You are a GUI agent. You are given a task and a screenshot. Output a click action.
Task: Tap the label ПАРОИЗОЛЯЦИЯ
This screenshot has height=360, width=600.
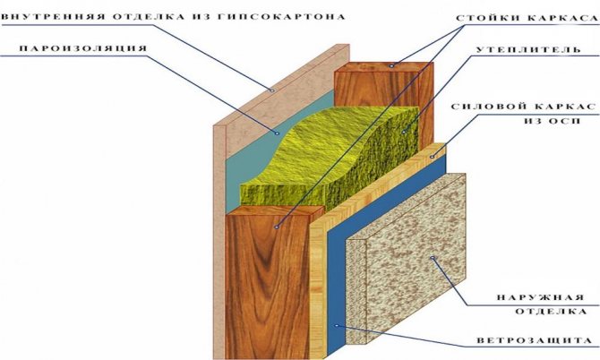[83, 48]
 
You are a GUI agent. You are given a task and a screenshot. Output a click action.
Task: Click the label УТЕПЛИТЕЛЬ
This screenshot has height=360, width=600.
[528, 50]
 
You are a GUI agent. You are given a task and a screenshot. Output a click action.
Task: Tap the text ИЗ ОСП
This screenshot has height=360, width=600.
[553, 121]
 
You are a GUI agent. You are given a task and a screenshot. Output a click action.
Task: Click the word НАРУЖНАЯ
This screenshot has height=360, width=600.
[541, 297]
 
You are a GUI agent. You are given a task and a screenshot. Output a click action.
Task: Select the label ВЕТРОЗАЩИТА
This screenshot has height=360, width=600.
[535, 340]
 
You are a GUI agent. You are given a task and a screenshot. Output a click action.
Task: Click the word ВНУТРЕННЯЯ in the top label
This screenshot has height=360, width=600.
[53, 17]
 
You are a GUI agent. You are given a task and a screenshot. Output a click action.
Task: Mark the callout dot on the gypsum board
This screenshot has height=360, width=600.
[272, 90]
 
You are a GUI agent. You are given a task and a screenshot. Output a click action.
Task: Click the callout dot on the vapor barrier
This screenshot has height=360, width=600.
[277, 133]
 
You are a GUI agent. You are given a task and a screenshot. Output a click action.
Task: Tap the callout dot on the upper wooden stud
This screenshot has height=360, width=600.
[391, 65]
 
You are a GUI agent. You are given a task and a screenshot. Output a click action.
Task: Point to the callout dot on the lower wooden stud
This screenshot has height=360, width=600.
[277, 227]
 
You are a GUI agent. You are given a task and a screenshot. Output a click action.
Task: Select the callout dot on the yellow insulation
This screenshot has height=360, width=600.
[403, 132]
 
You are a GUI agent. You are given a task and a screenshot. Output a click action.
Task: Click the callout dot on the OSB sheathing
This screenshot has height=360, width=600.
[433, 156]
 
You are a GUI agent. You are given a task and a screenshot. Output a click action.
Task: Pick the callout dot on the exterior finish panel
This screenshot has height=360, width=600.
[433, 258]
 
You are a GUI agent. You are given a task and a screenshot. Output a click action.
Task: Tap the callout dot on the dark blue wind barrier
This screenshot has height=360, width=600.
[337, 326]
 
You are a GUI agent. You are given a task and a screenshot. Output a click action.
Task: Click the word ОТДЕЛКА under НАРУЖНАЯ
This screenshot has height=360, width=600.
[551, 312]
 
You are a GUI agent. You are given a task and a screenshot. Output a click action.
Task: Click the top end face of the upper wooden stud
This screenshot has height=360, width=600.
[384, 67]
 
